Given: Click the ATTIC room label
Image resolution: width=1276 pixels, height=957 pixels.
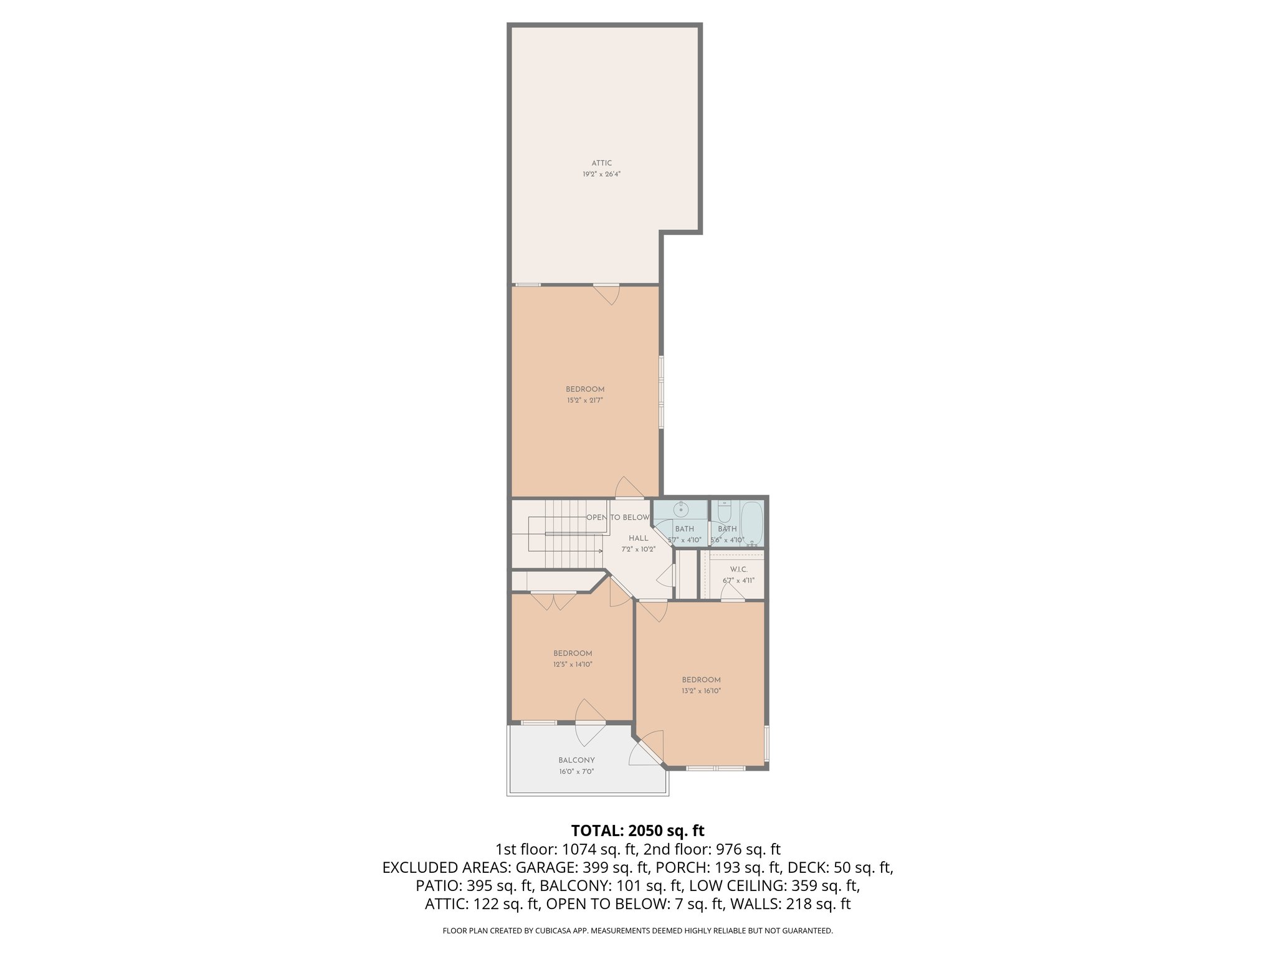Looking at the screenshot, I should pos(602,163).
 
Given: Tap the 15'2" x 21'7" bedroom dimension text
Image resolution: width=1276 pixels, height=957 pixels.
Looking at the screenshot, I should pos(585,401).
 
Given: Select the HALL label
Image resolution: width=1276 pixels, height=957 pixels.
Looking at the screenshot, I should pos(638,538).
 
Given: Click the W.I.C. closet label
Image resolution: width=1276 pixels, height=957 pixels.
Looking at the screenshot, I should pos(738,569).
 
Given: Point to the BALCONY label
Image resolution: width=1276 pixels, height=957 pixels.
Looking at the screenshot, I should pos(576,760).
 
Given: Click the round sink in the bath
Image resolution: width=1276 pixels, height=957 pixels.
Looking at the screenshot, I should pos(682,510).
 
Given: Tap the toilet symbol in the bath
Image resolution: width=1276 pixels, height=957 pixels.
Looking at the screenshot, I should pos(724,513).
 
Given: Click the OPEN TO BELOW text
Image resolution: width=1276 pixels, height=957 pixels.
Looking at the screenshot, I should pos(617,518).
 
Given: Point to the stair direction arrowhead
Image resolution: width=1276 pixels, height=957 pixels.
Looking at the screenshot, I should pos(603,551).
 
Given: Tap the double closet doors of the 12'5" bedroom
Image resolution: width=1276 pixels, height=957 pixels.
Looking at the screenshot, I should pos(553,601).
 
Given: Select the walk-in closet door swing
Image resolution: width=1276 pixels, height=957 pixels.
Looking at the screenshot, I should pos(733,593).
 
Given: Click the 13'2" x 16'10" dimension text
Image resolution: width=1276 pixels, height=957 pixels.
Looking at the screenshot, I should pos(701,691).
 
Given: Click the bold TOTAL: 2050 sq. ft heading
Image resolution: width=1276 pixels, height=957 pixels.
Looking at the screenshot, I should pos(637,831).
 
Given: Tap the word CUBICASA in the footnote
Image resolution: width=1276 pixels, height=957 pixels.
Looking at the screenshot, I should pos(552,931).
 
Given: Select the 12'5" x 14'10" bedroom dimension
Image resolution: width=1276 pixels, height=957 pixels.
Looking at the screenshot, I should pos(573,664).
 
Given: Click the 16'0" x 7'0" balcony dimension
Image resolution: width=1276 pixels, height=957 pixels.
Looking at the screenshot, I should pos(576,771).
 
